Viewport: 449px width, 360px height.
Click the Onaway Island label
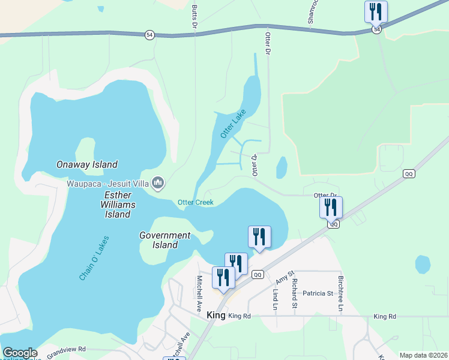click(86, 164)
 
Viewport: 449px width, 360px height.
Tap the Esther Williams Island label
click(118, 205)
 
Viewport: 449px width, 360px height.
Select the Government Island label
click(164, 240)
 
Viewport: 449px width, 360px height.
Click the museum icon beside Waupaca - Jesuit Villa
click(158, 182)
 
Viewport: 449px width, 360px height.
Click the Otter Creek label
click(196, 202)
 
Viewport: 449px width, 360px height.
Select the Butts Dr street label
click(194, 17)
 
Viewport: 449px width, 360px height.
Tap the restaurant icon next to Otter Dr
click(331, 207)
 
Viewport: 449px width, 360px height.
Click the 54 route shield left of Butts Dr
click(149, 35)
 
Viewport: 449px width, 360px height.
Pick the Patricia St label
click(318, 293)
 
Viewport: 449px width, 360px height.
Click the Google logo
click(20, 353)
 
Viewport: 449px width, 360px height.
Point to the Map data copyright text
click(423, 355)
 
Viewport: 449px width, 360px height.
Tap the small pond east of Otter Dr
click(282, 167)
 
